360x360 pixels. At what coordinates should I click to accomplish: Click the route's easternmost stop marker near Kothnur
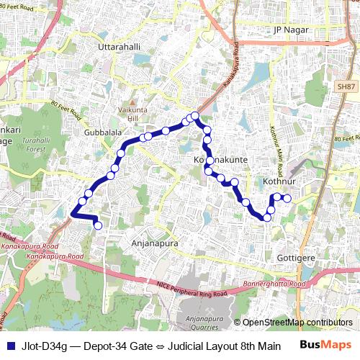coord(287,198)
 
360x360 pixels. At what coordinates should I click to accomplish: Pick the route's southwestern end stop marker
coord(98,226)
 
